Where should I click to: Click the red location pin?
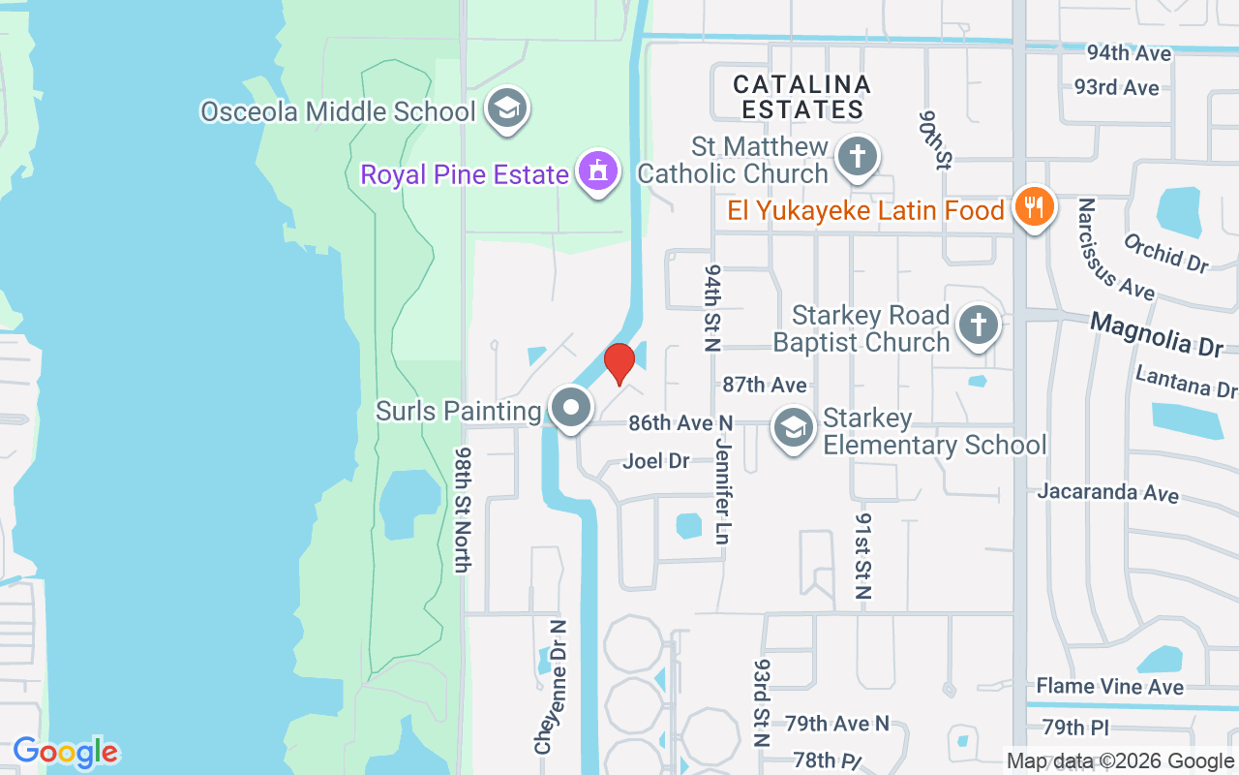(x=619, y=362)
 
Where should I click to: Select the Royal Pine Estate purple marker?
(x=598, y=172)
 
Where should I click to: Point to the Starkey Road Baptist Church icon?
(x=979, y=325)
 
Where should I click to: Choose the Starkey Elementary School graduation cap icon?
(x=794, y=427)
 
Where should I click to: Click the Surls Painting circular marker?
(x=571, y=408)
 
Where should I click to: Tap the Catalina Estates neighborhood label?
(x=802, y=97)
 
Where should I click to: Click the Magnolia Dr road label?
(x=1157, y=333)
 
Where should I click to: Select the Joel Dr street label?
(x=656, y=461)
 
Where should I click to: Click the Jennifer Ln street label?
(x=721, y=489)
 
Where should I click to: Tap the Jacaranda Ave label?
(x=1107, y=492)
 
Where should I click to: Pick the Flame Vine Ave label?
(x=1109, y=686)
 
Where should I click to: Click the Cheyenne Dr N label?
(x=549, y=687)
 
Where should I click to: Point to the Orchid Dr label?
(x=1166, y=252)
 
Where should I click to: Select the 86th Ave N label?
(x=680, y=423)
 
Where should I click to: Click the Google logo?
(x=65, y=752)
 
